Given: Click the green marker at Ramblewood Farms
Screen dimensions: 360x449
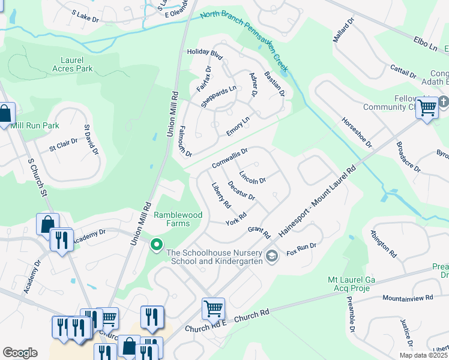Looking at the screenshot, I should coord(157,244).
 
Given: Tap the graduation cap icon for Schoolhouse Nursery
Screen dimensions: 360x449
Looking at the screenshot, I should coord(272,257).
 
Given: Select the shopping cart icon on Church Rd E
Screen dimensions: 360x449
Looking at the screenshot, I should coord(213,308).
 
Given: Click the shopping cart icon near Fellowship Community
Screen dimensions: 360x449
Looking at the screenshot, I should coord(427,108).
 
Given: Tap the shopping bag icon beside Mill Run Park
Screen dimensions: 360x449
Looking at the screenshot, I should coord(5,113).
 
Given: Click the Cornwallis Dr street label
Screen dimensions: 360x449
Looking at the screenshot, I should coord(230,159).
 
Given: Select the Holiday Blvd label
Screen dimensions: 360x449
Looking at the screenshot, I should coord(205,55).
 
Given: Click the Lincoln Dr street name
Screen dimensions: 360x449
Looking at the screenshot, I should coord(252,177).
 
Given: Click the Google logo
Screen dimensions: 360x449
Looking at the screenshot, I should coord(20,353).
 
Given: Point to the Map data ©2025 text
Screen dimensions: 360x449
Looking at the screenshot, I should coord(424,355).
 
